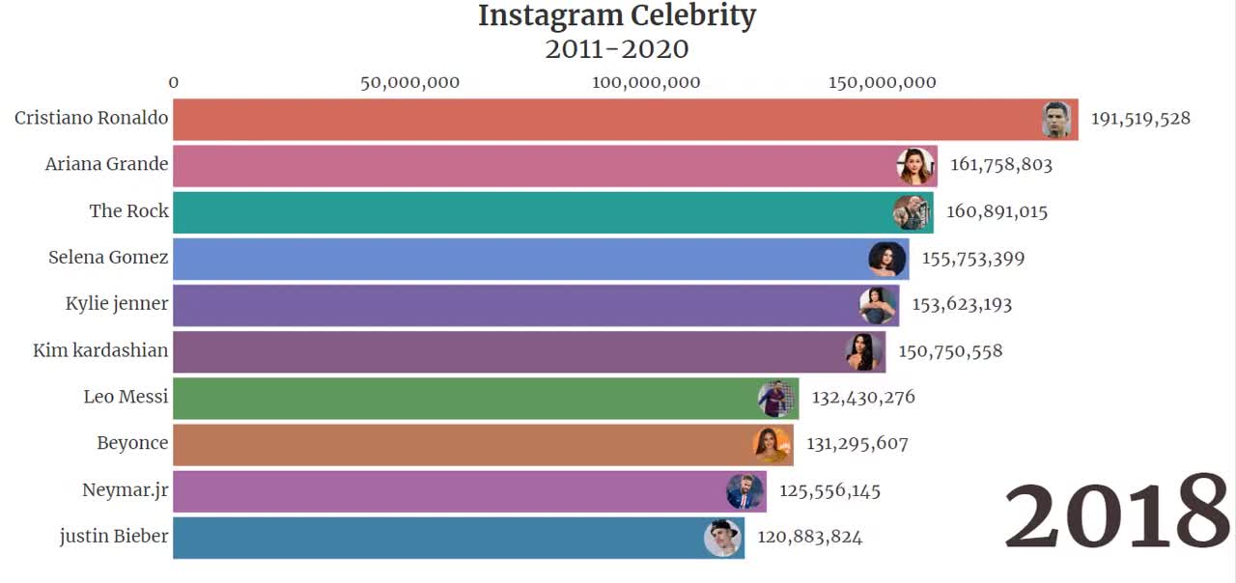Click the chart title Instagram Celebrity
coord(617,15)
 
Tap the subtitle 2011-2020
coord(617,48)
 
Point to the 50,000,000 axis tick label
coord(409,83)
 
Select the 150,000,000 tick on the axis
coord(882,83)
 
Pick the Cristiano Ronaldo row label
coord(92,118)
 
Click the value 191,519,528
coord(1140,119)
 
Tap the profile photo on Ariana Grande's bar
coord(914,166)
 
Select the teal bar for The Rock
coord(531,211)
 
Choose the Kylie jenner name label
coord(117,303)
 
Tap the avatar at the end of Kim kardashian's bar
coord(864,351)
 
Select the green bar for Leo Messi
coord(463,398)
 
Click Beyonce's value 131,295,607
coord(857,443)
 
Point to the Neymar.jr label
coord(126,489)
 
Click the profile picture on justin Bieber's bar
coord(722,538)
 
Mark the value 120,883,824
coord(809,537)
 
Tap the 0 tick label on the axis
coord(174,83)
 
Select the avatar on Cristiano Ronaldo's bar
coord(1056,120)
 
